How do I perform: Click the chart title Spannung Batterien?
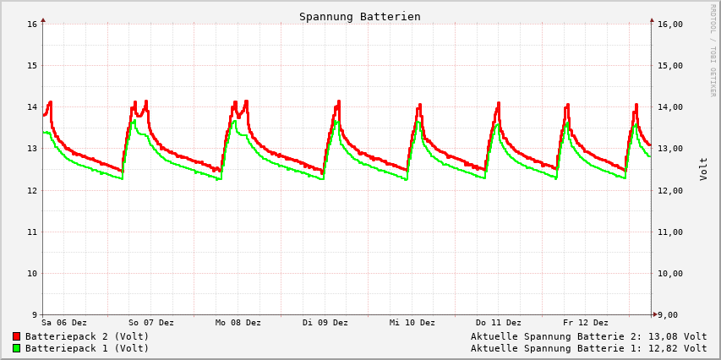pyautogui.click(x=359, y=17)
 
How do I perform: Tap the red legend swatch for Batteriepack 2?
pyautogui.click(x=16, y=336)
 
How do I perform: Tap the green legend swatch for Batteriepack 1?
pyautogui.click(x=16, y=348)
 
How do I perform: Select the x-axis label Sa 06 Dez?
pyautogui.click(x=64, y=323)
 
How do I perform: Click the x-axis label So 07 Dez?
pyautogui.click(x=151, y=323)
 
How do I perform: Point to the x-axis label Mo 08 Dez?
pyautogui.click(x=238, y=323)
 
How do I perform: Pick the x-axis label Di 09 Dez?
pyautogui.click(x=325, y=323)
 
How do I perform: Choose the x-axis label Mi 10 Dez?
pyautogui.click(x=412, y=323)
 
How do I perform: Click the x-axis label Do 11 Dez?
pyautogui.click(x=499, y=323)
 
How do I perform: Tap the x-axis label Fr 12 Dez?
pyautogui.click(x=586, y=323)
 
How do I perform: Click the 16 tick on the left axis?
pyautogui.click(x=33, y=25)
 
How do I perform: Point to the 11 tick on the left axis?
pyautogui.click(x=33, y=232)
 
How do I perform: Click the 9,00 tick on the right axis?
pyautogui.click(x=667, y=315)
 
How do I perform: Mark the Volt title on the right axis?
pyautogui.click(x=703, y=169)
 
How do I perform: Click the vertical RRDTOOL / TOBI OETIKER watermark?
pyautogui.click(x=713, y=51)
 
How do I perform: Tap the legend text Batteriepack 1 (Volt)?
pyautogui.click(x=87, y=348)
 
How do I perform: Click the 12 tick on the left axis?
pyautogui.click(x=33, y=191)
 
